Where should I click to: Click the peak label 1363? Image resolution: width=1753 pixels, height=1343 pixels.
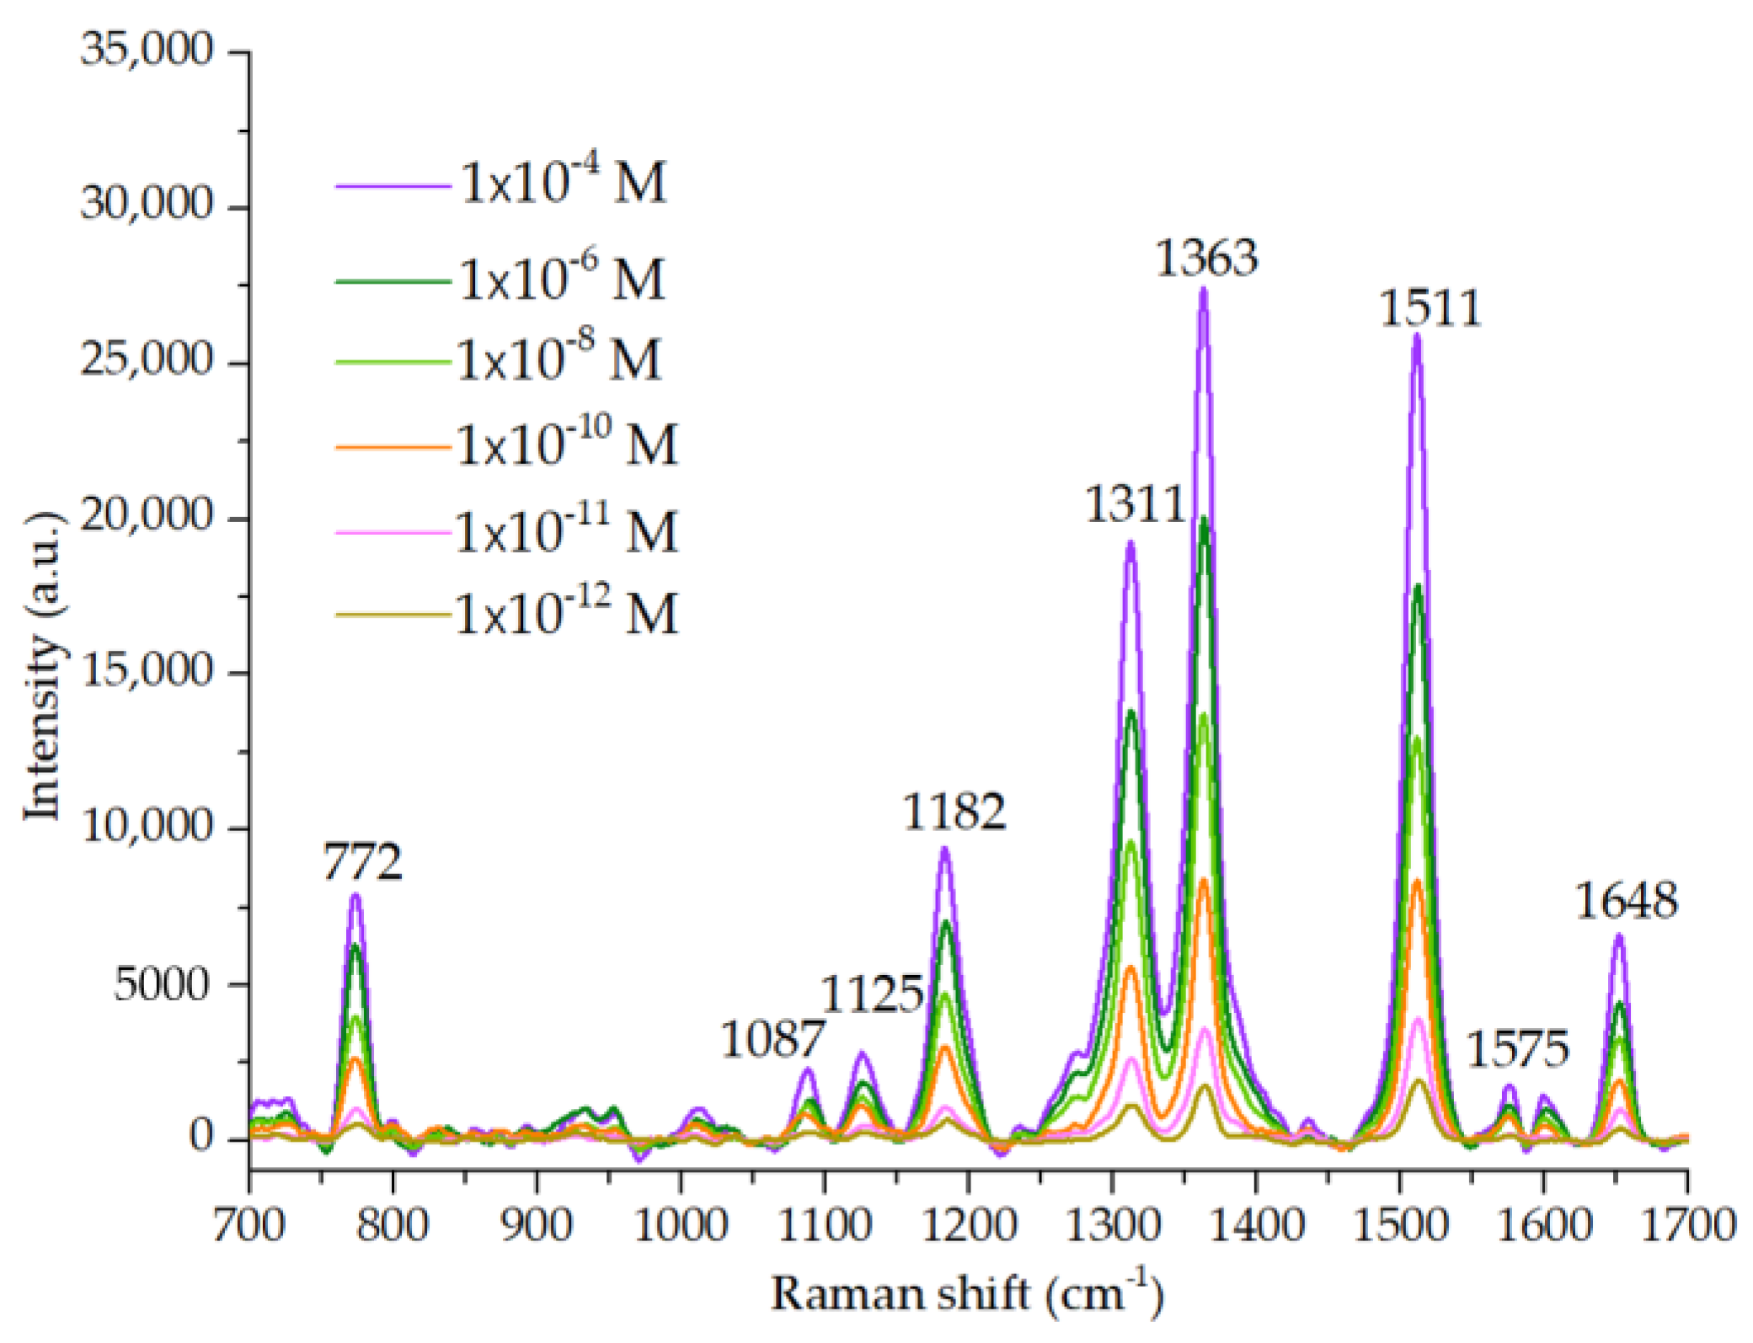pyautogui.click(x=1205, y=258)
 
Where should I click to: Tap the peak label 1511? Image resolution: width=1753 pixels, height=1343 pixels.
pyautogui.click(x=1430, y=308)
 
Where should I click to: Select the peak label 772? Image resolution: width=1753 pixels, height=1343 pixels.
pyautogui.click(x=363, y=862)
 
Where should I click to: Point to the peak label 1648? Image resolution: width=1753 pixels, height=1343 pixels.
pyautogui.click(x=1626, y=901)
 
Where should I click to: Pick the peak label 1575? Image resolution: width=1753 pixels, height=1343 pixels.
pyautogui.click(x=1518, y=1049)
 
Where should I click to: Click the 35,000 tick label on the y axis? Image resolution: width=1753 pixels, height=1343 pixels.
pyautogui.click(x=147, y=51)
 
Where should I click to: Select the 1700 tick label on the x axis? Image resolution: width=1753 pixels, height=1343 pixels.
pyautogui.click(x=1687, y=1225)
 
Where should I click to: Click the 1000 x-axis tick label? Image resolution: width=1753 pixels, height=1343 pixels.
pyautogui.click(x=680, y=1225)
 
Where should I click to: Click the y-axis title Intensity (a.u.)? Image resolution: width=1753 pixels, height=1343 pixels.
pyautogui.click(x=42, y=665)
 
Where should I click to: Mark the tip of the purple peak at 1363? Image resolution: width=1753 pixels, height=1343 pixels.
pyautogui.click(x=1203, y=289)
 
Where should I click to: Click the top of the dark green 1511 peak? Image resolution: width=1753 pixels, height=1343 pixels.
pyautogui.click(x=1418, y=585)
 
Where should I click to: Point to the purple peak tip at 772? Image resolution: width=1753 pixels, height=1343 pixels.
pyautogui.click(x=355, y=895)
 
